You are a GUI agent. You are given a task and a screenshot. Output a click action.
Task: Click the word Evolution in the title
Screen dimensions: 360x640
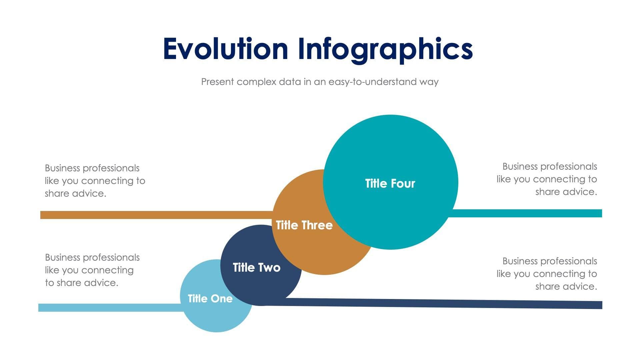(x=225, y=49)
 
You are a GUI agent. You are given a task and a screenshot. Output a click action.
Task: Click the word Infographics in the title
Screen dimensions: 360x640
(x=385, y=49)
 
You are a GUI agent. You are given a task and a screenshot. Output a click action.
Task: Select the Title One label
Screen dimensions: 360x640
(x=210, y=298)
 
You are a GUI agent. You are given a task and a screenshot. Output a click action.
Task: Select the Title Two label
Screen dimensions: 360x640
(x=256, y=267)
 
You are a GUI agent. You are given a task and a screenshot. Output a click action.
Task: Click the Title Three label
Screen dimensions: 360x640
(x=304, y=225)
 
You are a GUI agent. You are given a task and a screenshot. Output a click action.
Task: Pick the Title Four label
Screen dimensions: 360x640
(x=390, y=183)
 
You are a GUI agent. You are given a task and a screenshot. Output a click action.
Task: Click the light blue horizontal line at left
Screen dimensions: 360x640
(x=110, y=307)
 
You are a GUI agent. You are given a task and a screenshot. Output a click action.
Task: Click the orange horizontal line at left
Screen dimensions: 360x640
(x=153, y=215)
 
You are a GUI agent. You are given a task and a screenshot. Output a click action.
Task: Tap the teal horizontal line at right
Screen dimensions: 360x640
(x=527, y=213)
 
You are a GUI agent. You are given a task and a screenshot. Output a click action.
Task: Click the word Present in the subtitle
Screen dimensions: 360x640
(x=217, y=82)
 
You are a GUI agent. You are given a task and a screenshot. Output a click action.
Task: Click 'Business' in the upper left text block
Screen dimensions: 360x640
(x=62, y=168)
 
